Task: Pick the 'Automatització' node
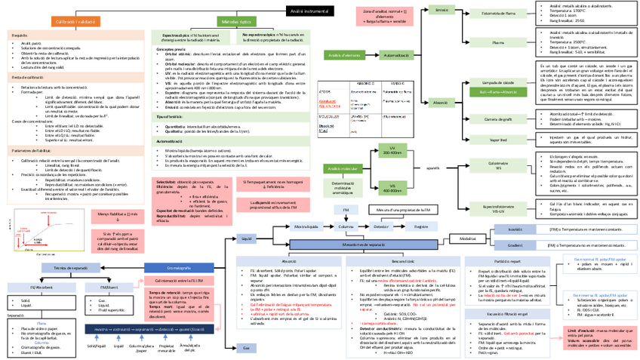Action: pos(397,56)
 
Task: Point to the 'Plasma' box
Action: pos(498,42)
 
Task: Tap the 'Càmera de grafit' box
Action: pos(498,118)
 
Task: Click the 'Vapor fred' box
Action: pos(498,140)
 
